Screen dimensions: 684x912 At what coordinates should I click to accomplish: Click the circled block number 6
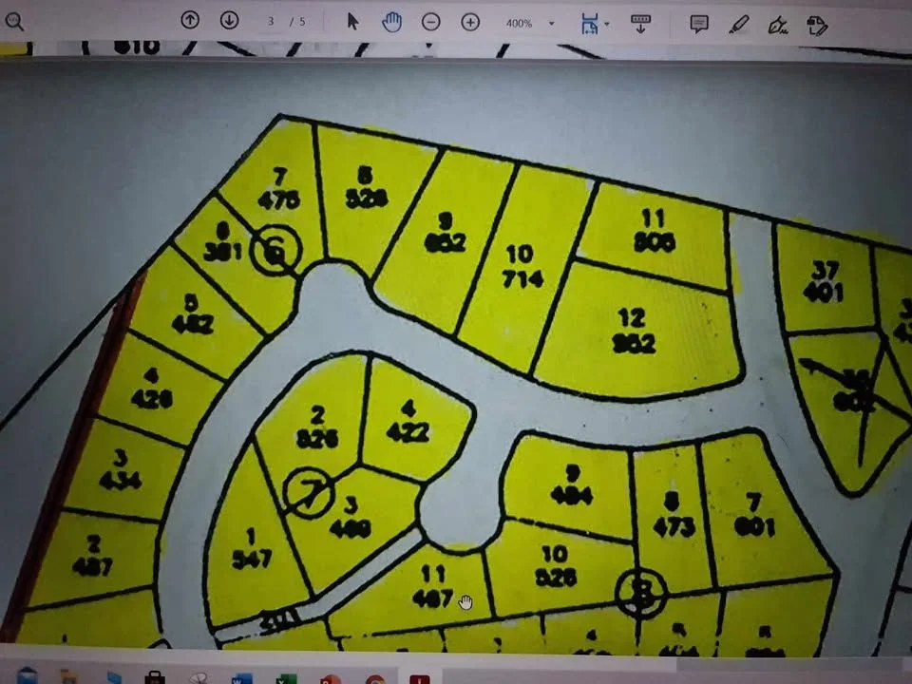pyautogui.click(x=275, y=252)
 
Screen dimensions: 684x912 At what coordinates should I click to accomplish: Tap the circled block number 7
pyautogui.click(x=311, y=492)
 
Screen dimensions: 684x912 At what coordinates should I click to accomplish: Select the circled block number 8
pyautogui.click(x=643, y=595)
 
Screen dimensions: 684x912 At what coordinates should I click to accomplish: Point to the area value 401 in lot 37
pyautogui.click(x=823, y=293)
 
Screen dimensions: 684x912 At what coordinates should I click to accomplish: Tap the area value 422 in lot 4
pyautogui.click(x=408, y=432)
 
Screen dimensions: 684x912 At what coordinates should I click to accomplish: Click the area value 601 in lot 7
pyautogui.click(x=754, y=526)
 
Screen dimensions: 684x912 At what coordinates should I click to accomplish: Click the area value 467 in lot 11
pyautogui.click(x=432, y=599)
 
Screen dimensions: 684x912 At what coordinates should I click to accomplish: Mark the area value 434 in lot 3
pyautogui.click(x=120, y=481)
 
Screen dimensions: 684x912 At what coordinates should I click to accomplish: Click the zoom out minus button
pyautogui.click(x=431, y=22)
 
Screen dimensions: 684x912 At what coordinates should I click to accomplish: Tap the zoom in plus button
pyautogui.click(x=470, y=22)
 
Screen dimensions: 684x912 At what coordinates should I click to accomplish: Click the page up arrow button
pyautogui.click(x=190, y=20)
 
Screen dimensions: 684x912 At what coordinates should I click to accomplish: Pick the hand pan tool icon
pyautogui.click(x=391, y=22)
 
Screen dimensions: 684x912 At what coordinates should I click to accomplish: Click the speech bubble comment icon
pyautogui.click(x=699, y=24)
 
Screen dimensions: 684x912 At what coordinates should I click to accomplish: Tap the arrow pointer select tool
pyautogui.click(x=352, y=22)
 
